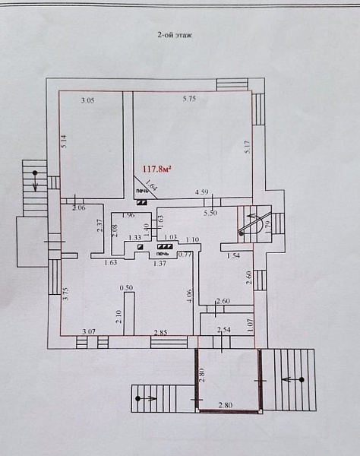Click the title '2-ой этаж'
click(175, 36)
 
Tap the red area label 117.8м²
click(156, 169)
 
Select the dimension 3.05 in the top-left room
click(88, 101)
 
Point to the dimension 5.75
click(189, 99)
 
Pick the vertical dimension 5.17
click(248, 147)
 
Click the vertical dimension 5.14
click(65, 141)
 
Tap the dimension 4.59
click(202, 192)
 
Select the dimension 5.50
click(210, 213)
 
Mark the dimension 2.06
click(79, 207)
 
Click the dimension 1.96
click(128, 216)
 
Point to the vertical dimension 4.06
click(191, 296)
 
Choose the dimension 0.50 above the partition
click(126, 287)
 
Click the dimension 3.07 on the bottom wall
click(89, 331)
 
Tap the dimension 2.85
click(160, 333)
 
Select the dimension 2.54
click(224, 330)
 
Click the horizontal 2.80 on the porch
click(226, 405)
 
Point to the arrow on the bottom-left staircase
click(147, 399)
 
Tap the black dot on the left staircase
click(35, 173)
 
